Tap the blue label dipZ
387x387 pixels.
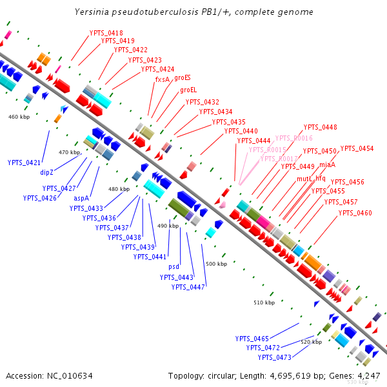coord(47,172)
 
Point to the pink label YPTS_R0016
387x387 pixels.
coord(293,138)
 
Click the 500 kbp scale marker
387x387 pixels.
coord(216,264)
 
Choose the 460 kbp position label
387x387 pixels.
coord(19,117)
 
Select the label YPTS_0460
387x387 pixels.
coord(355,213)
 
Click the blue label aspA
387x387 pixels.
coord(81,198)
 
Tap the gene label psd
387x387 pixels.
coord(174,266)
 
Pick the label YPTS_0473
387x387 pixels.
coord(275,357)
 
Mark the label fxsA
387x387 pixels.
coord(162,79)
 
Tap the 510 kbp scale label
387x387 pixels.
coord(264,303)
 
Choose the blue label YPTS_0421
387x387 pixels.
coord(24,163)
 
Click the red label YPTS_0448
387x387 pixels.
coord(320,127)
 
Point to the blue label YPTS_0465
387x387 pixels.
coord(252,339)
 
